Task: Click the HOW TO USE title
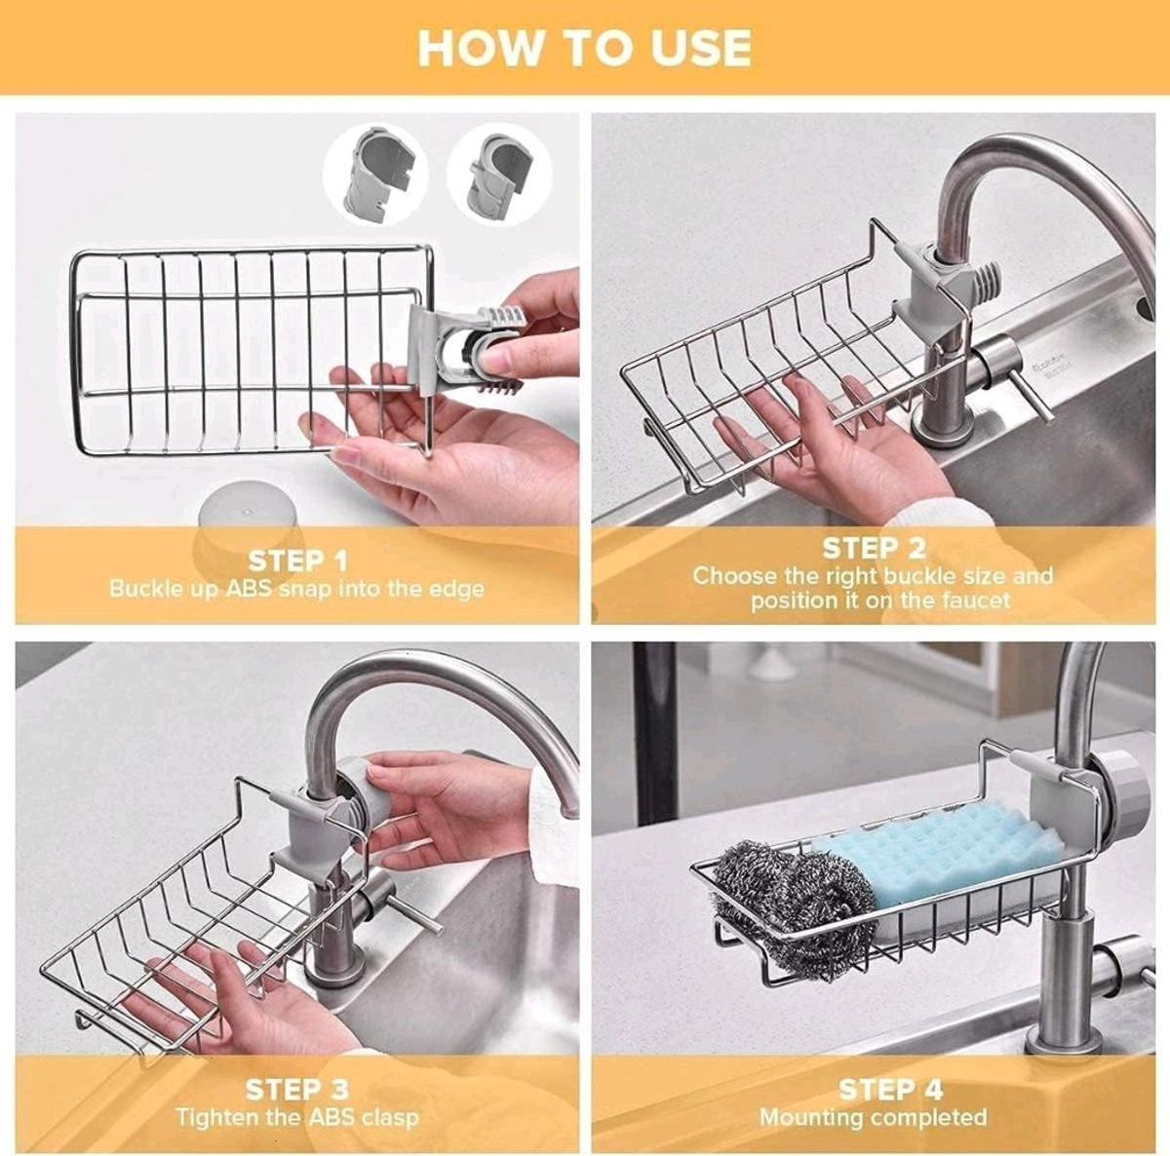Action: click(584, 48)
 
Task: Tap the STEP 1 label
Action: click(297, 560)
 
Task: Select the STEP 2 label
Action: click(874, 548)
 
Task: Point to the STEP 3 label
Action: click(297, 1089)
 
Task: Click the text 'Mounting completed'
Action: click(874, 1117)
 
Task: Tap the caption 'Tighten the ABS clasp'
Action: click(297, 1117)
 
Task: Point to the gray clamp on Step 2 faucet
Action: click(936, 292)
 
